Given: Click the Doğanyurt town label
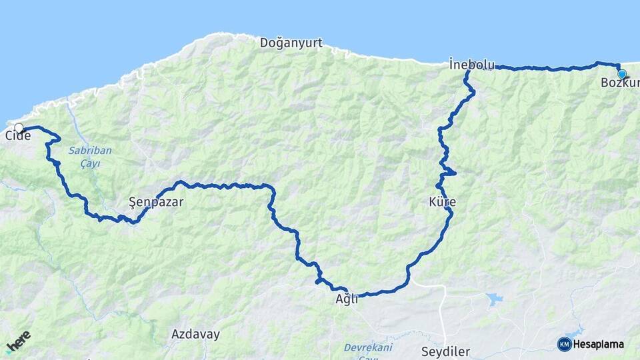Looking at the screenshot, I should (x=291, y=43).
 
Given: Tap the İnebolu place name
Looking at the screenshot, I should (x=471, y=64).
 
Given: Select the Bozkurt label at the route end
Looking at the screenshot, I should (x=619, y=83).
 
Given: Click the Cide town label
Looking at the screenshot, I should (x=18, y=136).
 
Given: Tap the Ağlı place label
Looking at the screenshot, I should (x=347, y=299).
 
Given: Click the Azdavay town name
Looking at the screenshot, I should (x=195, y=334).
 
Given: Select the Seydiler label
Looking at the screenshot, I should (x=446, y=351).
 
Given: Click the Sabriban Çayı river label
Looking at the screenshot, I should (x=90, y=155).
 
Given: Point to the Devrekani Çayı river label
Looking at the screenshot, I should (x=367, y=352).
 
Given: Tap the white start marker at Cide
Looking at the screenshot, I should (x=19, y=127).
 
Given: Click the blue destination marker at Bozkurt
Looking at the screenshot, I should (x=621, y=74).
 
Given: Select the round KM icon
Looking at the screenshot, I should (x=564, y=344).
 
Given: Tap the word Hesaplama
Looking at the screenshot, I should (x=598, y=345).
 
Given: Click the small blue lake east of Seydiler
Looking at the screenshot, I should (x=495, y=299).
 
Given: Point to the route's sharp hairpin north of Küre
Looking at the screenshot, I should (x=453, y=173).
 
